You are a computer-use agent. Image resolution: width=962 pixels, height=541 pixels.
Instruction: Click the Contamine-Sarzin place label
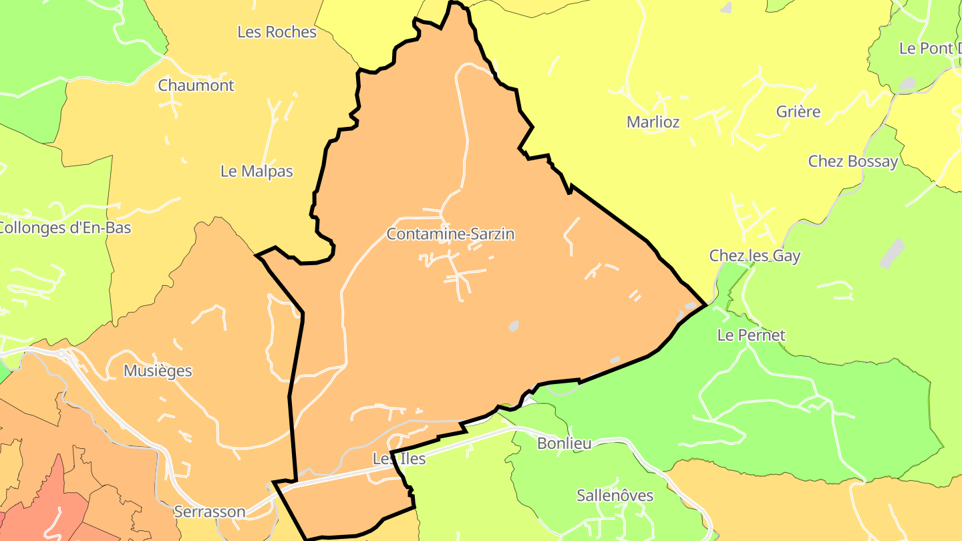(450, 234)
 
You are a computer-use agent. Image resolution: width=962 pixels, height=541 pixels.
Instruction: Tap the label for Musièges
(158, 371)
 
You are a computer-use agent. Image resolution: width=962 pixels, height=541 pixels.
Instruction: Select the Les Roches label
(277, 31)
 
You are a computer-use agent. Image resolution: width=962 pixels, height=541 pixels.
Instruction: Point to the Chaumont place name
(196, 85)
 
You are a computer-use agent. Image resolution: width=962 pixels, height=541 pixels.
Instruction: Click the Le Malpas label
(257, 171)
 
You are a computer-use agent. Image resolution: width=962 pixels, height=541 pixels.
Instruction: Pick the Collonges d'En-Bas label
(65, 228)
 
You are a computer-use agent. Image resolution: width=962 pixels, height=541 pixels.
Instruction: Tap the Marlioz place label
(653, 122)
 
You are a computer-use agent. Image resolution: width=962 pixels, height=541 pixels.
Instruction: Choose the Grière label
(798, 112)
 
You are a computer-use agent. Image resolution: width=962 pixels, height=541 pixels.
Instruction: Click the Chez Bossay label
(853, 161)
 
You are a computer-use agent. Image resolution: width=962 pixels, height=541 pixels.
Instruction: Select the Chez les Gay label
(755, 256)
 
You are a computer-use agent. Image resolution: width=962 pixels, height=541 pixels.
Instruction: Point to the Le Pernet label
(751, 335)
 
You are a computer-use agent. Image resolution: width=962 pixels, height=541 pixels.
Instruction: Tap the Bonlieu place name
(564, 443)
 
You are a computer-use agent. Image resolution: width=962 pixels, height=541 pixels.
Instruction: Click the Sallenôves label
(615, 496)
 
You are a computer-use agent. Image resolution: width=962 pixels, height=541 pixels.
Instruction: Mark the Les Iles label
(399, 459)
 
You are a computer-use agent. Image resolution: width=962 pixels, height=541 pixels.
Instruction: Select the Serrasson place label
(209, 512)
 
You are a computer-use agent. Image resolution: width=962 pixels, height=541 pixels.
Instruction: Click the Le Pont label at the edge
(929, 48)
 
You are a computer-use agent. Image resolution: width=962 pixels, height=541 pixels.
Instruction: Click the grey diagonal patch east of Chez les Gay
(892, 253)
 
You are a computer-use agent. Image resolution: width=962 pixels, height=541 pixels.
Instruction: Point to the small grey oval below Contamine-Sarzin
(513, 326)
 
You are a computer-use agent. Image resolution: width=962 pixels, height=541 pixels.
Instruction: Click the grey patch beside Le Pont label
(908, 84)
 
